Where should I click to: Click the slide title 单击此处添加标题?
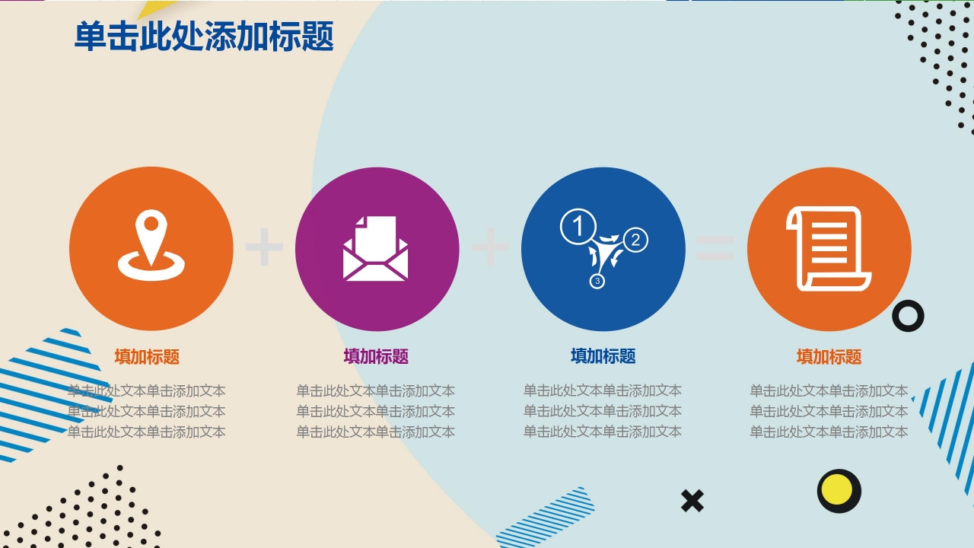tap(204, 37)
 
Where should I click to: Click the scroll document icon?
tap(829, 248)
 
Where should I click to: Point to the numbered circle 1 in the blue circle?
tap(578, 228)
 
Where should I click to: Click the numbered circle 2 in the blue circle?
tap(635, 240)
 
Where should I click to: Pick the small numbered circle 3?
tap(597, 282)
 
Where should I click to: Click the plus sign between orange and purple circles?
tap(264, 247)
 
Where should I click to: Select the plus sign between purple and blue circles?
tap(491, 247)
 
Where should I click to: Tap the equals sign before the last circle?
tap(715, 247)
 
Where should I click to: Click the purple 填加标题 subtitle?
tap(376, 356)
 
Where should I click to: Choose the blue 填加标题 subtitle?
tap(603, 355)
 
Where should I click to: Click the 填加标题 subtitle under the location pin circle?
tap(147, 356)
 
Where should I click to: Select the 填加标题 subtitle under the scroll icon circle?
tap(829, 356)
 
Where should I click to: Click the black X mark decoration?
tap(692, 501)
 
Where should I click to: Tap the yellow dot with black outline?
tap(839, 491)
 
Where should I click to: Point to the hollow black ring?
tap(908, 315)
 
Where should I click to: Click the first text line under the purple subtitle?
tap(376, 391)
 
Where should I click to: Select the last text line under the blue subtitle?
tap(603, 432)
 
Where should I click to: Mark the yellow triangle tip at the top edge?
tap(152, 8)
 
